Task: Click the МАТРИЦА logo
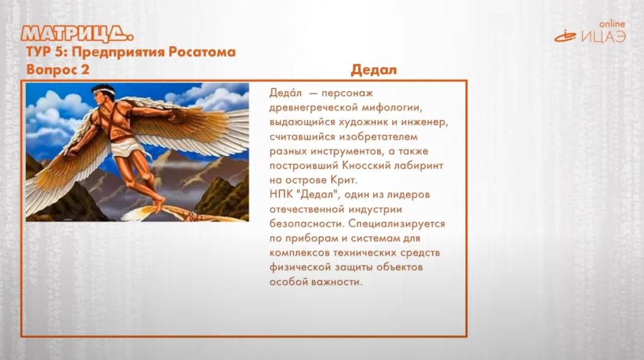[77, 33]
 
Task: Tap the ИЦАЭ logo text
[604, 37]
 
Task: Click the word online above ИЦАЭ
[612, 24]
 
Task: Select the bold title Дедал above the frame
[374, 70]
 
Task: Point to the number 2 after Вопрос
[85, 69]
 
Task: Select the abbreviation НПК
[281, 195]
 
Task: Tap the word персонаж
[347, 93]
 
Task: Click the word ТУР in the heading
[37, 52]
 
